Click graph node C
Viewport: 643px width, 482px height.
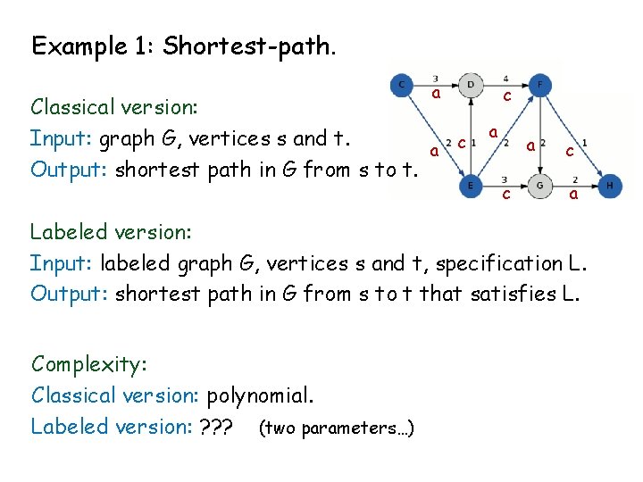402,86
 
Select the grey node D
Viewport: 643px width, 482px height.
471,86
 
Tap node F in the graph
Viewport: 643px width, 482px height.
540,86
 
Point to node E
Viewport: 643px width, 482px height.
471,187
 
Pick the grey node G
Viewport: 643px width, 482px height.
540,187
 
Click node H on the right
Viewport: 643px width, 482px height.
610,187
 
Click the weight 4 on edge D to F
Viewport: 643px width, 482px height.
505,78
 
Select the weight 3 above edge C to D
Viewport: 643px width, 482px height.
435,78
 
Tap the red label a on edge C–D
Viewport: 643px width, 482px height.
436,94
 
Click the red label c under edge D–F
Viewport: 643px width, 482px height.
506,96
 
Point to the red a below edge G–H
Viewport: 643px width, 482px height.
573,194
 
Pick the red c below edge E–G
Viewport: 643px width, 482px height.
505,194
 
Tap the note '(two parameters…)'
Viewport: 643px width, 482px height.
335,428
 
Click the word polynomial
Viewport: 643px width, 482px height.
270,395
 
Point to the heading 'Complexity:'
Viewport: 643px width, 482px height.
88,364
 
